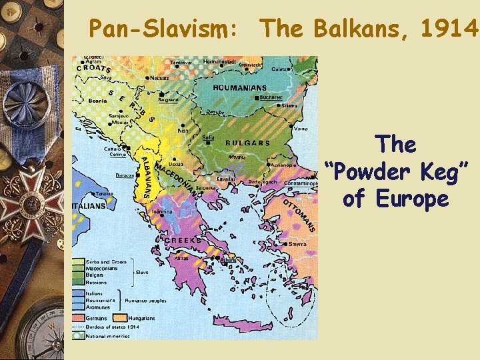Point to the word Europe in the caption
pyautogui.click(x=412, y=199)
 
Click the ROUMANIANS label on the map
pyautogui.click(x=239, y=87)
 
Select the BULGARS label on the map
pyautogui.click(x=247, y=143)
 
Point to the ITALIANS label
pyautogui.click(x=88, y=206)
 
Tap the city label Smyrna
pyautogui.click(x=297, y=244)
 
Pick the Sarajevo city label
pyautogui.click(x=99, y=115)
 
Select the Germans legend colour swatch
pyautogui.click(x=79, y=318)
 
